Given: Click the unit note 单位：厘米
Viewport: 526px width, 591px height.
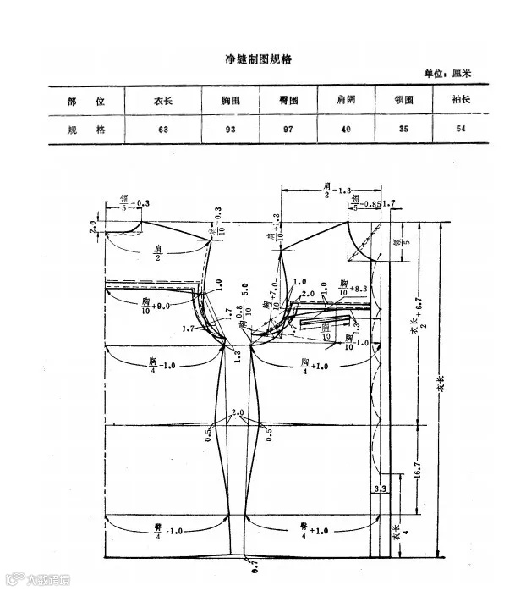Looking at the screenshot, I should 447,74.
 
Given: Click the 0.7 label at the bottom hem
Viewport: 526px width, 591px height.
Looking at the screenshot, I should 251,562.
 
